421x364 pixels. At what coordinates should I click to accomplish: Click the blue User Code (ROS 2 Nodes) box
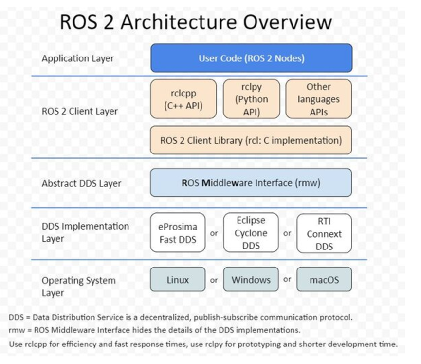pyautogui.click(x=251, y=58)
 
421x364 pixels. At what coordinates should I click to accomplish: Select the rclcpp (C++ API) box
pyautogui.click(x=183, y=99)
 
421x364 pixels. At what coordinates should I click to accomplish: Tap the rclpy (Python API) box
pyautogui.click(x=251, y=99)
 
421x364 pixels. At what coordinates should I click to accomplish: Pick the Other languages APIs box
pyautogui.click(x=319, y=99)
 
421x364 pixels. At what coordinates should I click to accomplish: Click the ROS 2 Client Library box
pyautogui.click(x=251, y=140)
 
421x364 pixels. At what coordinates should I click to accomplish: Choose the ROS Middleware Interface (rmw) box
pyautogui.click(x=251, y=183)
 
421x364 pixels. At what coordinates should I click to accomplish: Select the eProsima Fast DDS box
pyautogui.click(x=178, y=233)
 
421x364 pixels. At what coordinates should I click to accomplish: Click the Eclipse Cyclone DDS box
pyautogui.click(x=251, y=233)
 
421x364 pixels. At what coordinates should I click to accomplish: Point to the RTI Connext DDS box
pyautogui.click(x=324, y=233)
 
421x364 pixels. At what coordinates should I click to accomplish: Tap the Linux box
pyautogui.click(x=178, y=280)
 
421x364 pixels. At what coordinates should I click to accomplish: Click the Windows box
pyautogui.click(x=251, y=280)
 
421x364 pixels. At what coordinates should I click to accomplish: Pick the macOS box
pyautogui.click(x=324, y=280)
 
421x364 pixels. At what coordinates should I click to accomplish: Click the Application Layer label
pyautogui.click(x=77, y=58)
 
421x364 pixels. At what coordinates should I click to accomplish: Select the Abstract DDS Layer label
pyautogui.click(x=81, y=183)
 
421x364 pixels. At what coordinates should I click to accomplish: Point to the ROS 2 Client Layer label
pyautogui.click(x=80, y=111)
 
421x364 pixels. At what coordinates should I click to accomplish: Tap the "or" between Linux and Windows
pyautogui.click(x=214, y=280)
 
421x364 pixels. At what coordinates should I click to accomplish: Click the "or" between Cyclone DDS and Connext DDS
pyautogui.click(x=287, y=233)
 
